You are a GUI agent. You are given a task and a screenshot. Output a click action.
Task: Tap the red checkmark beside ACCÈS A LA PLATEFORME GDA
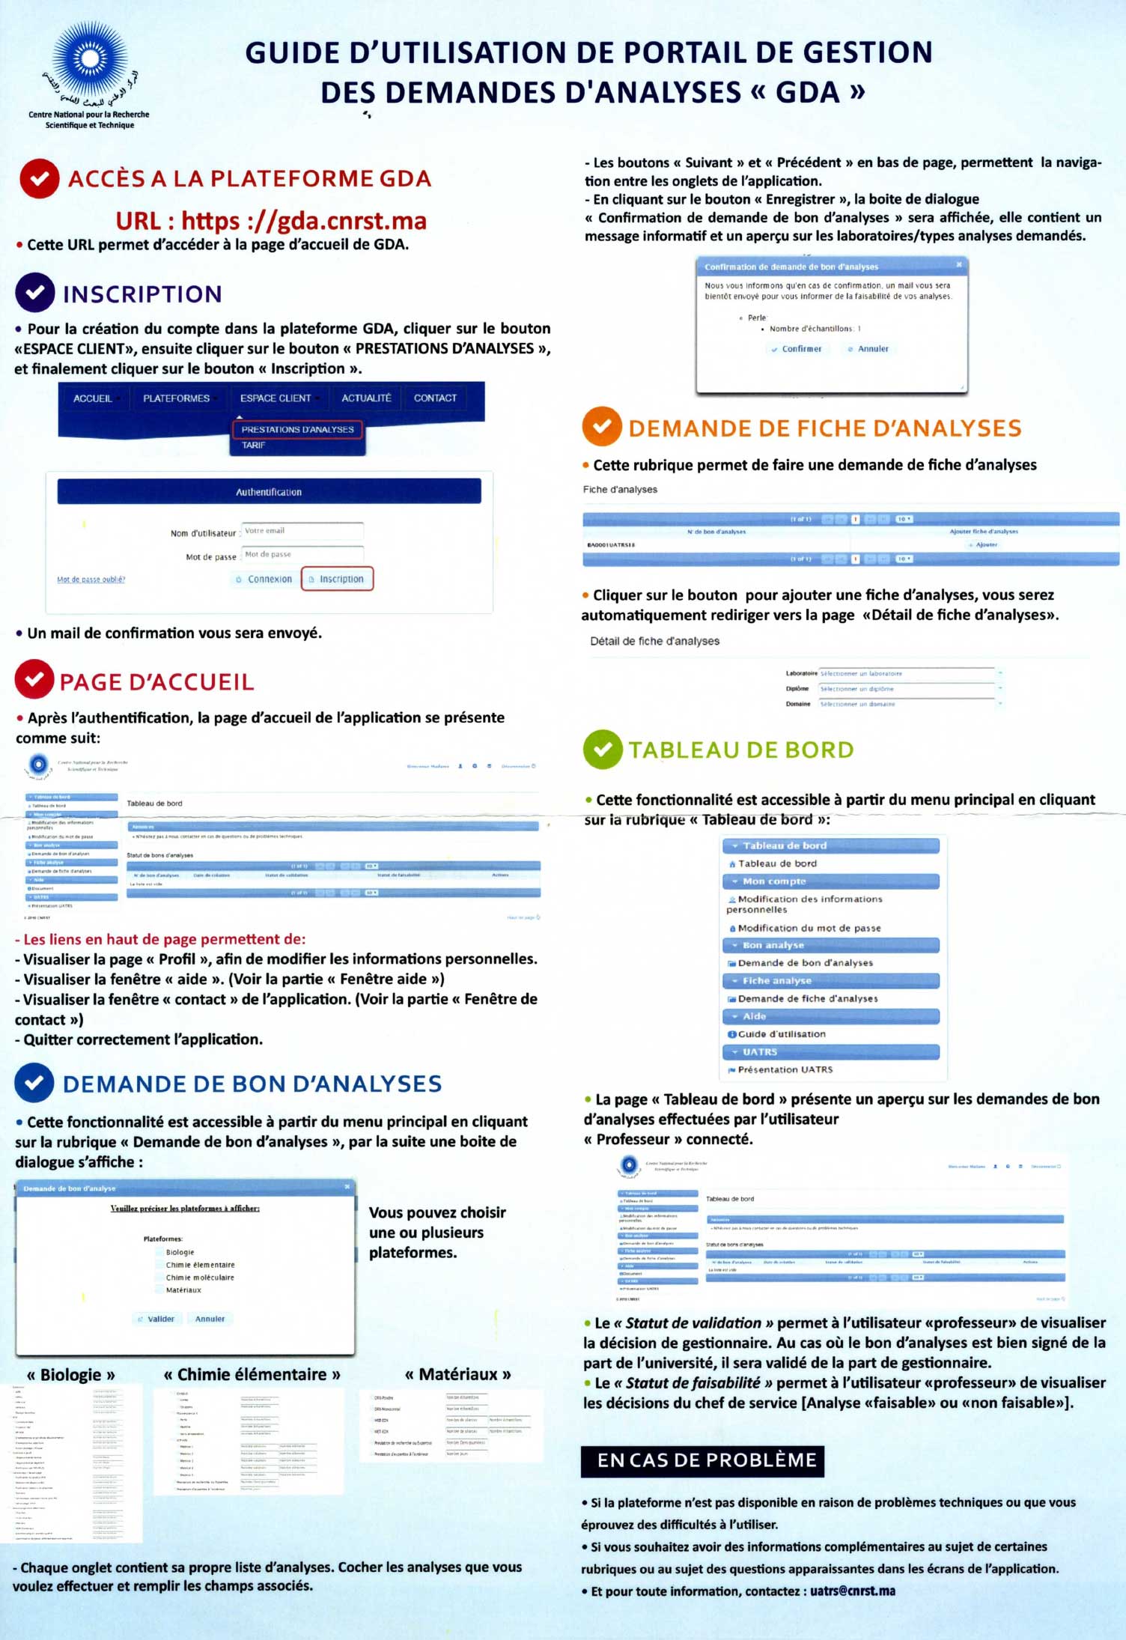[40, 178]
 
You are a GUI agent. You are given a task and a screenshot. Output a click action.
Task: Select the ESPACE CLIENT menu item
[276, 398]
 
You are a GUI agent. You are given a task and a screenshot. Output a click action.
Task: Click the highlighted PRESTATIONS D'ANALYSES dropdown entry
[297, 430]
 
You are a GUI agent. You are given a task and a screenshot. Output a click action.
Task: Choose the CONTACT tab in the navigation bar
[435, 398]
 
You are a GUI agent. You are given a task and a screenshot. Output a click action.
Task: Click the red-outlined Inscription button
[337, 579]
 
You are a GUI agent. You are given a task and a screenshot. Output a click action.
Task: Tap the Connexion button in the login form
[264, 579]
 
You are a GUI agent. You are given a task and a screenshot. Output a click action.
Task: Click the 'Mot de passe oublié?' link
[91, 580]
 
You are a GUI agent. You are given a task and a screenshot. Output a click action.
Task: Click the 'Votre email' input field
[302, 531]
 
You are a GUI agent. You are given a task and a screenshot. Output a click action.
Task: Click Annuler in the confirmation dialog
[869, 349]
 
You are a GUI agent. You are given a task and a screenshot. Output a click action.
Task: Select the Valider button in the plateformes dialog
[156, 1319]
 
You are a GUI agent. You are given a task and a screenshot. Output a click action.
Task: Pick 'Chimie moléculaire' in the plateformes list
[200, 1278]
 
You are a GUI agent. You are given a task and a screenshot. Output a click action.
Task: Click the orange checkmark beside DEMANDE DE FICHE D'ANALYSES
[602, 426]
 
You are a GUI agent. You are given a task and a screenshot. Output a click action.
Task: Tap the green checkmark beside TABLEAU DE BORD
[603, 750]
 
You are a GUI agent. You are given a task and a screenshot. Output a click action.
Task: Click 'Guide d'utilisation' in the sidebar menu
[782, 1034]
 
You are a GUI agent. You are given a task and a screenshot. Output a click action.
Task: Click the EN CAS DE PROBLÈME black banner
[702, 1461]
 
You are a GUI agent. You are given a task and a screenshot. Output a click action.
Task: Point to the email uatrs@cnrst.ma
[853, 1591]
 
